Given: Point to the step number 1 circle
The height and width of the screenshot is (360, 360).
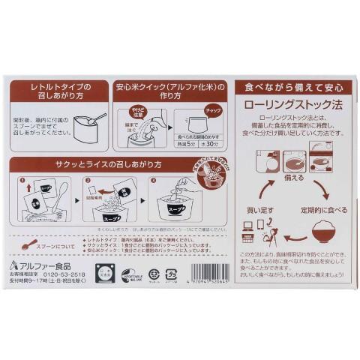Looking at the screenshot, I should [24, 181].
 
